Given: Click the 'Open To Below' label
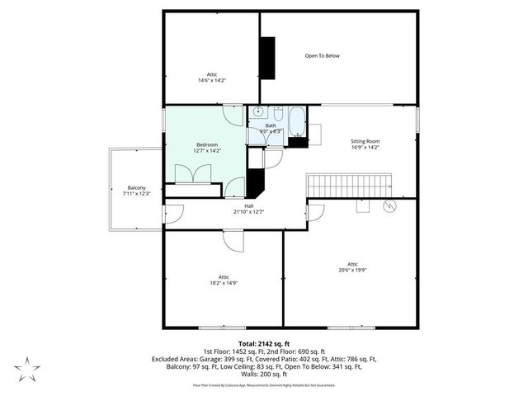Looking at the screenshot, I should (x=322, y=56).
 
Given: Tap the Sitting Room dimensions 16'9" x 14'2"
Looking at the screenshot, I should (x=365, y=148).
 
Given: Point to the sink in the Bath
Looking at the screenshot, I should (x=257, y=113).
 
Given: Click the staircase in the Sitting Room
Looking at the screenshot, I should (x=351, y=185).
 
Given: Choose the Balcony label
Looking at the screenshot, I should (x=125, y=187).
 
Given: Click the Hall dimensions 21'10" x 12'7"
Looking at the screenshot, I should (x=248, y=212).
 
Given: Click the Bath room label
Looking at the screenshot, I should (x=271, y=125).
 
